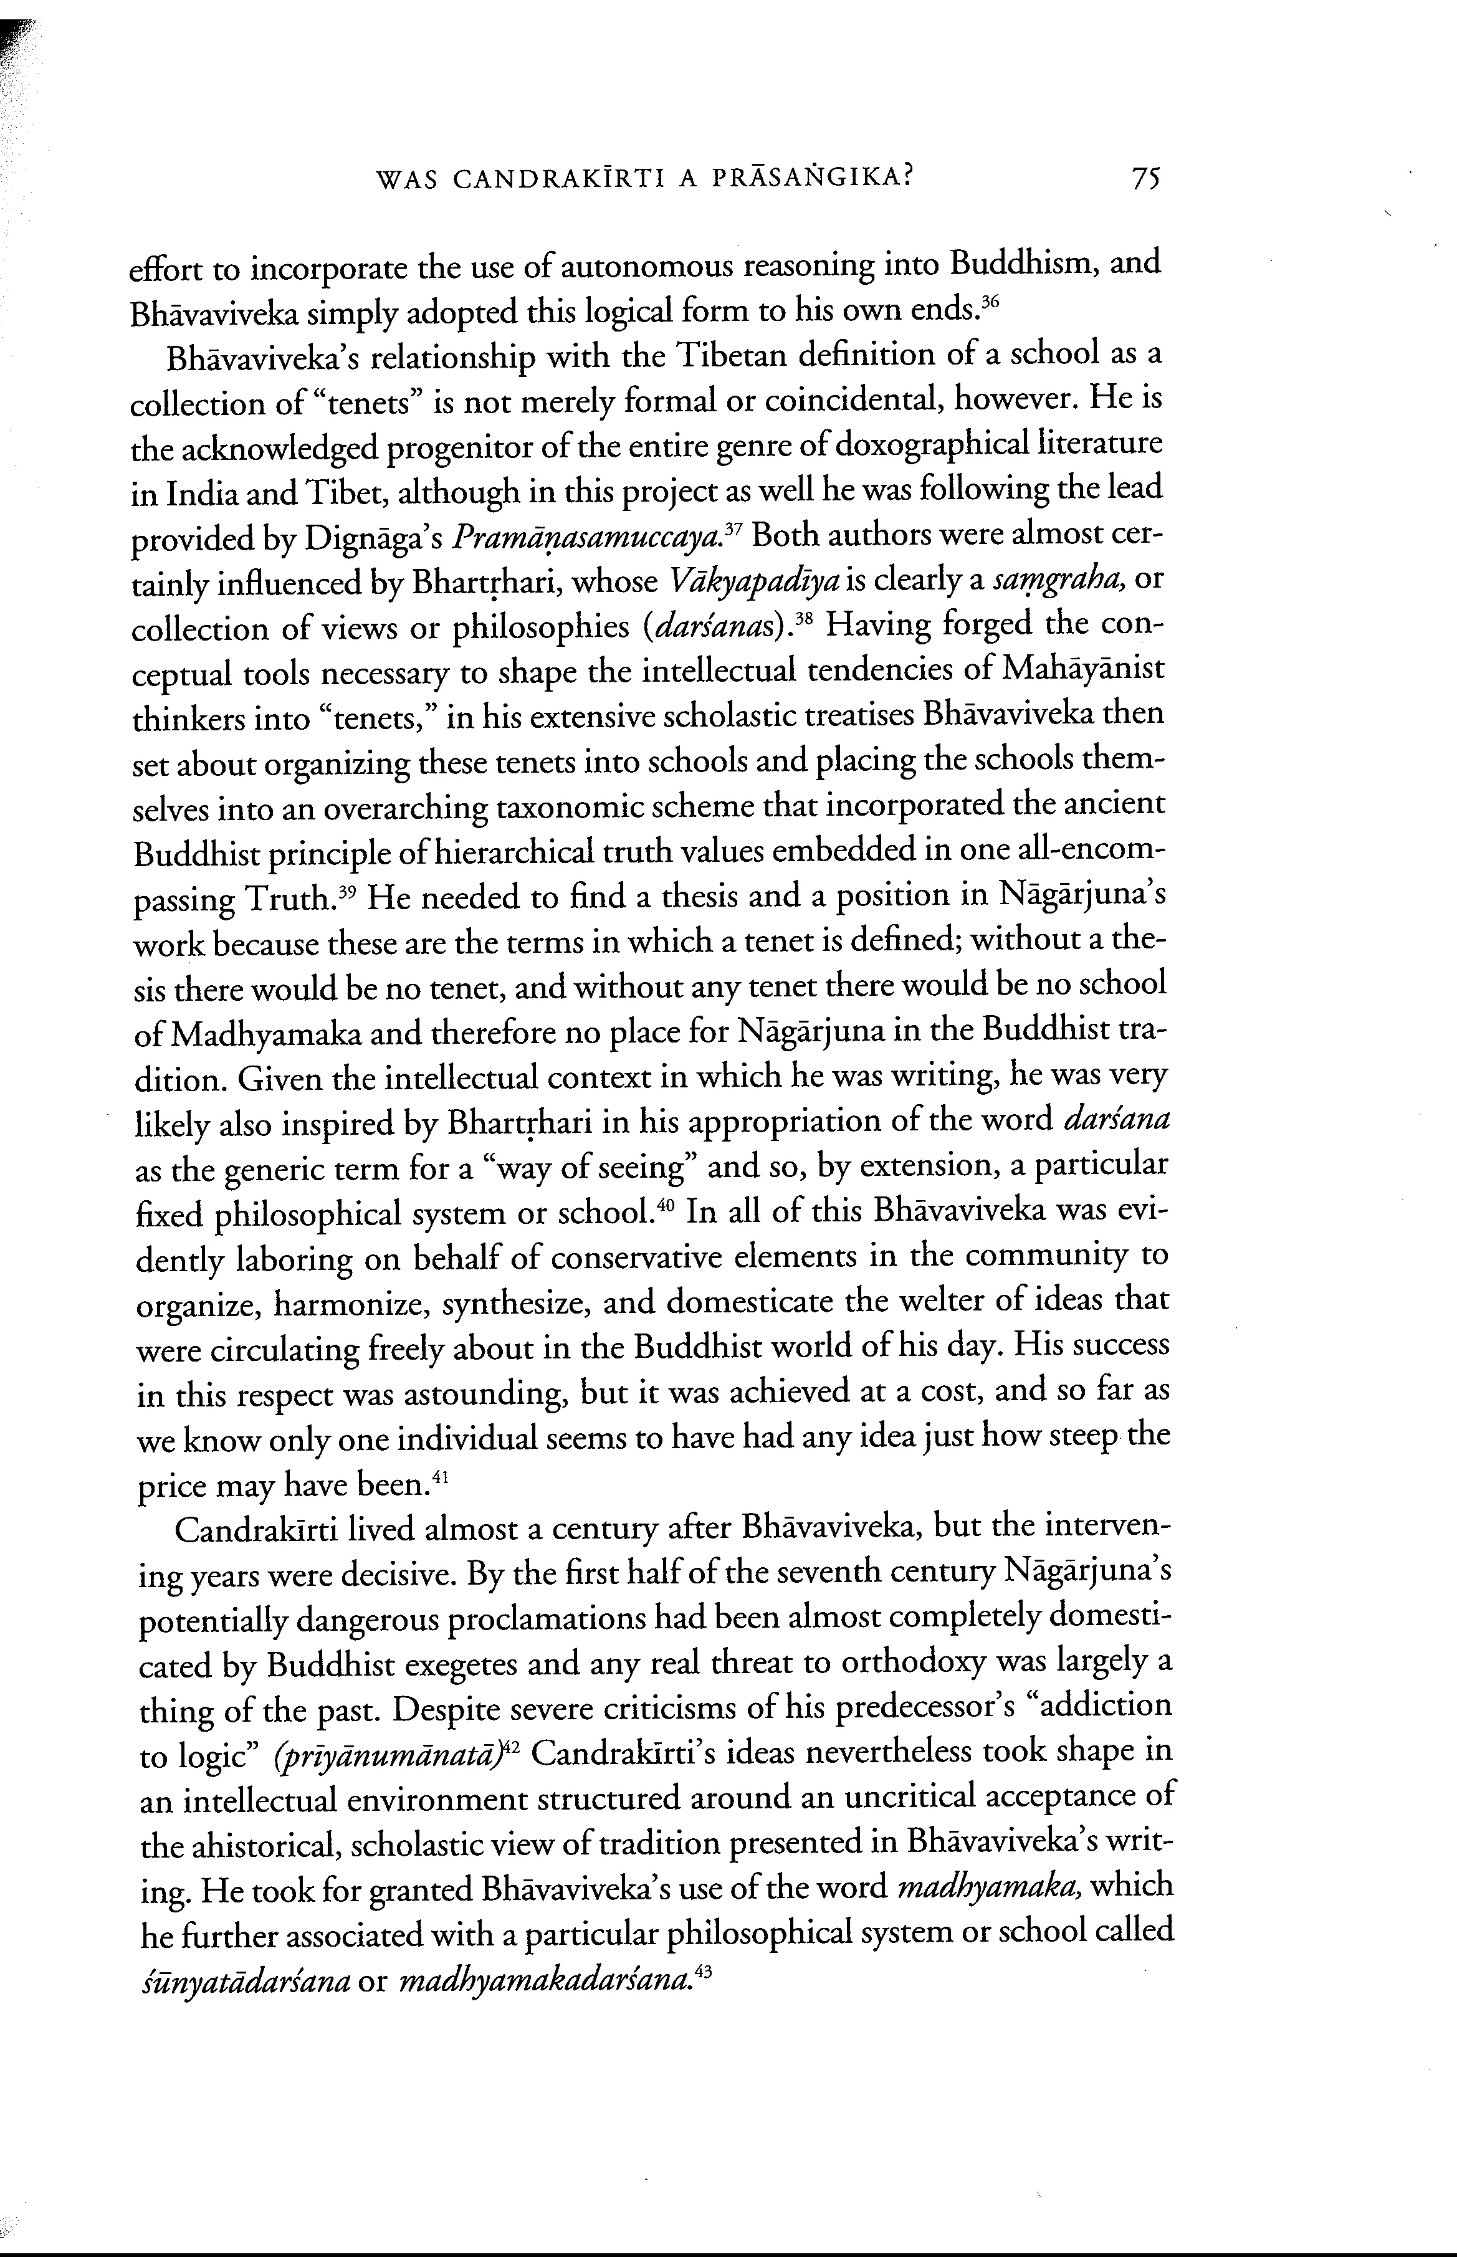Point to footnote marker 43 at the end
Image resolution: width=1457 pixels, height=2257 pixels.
(x=702, y=1972)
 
